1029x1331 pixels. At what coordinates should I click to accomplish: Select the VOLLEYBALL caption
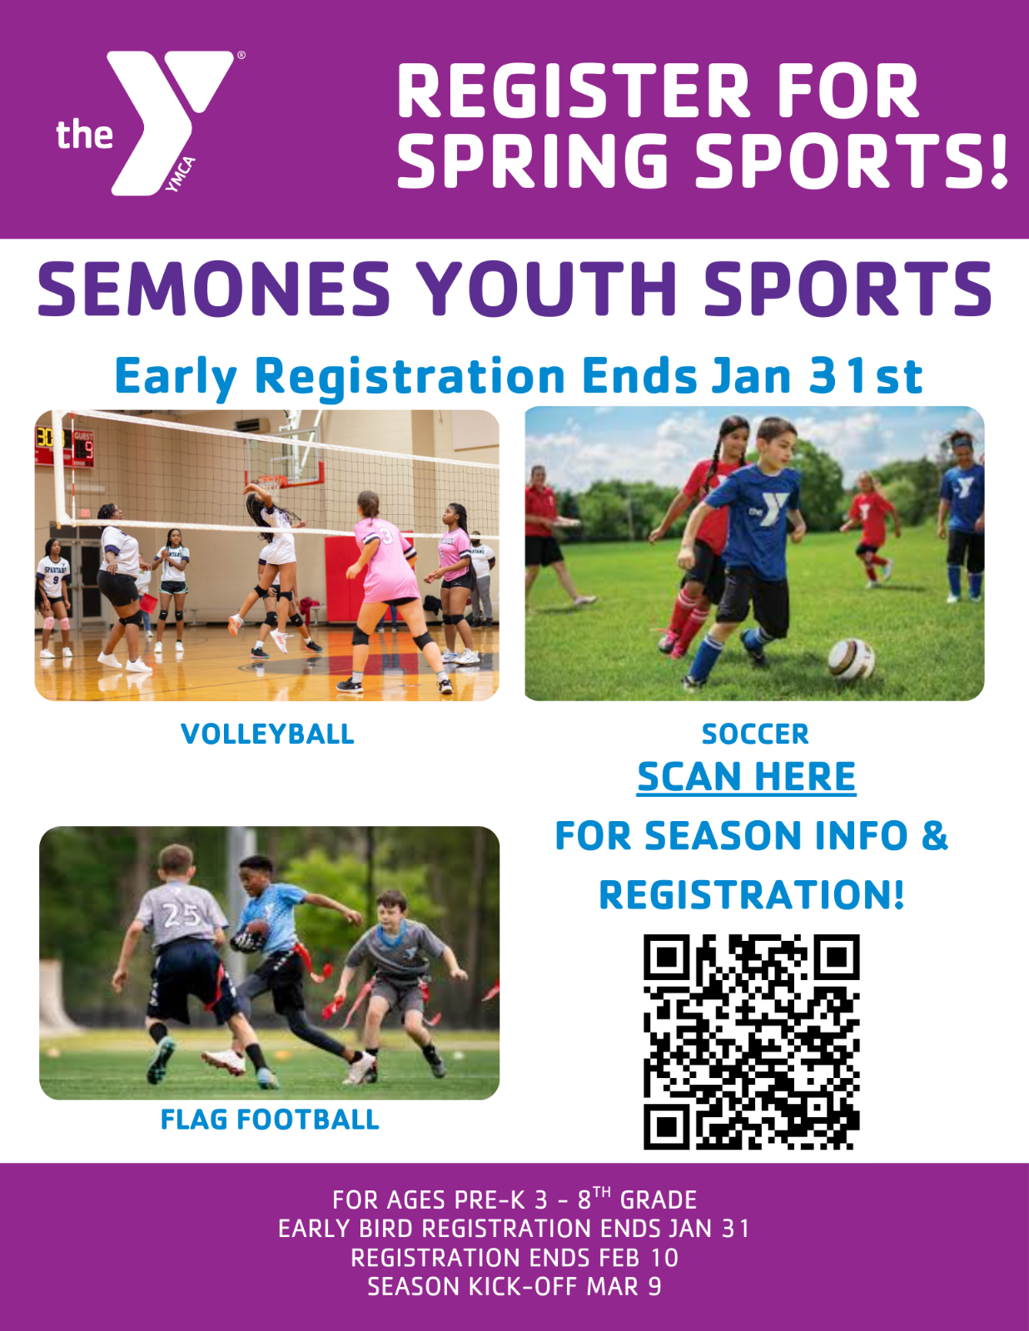click(x=268, y=734)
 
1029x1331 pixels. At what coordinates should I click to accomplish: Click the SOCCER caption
click(x=755, y=735)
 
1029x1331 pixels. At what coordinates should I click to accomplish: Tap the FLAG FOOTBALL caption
click(x=270, y=1120)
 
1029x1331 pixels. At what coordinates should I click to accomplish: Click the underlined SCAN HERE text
click(x=747, y=777)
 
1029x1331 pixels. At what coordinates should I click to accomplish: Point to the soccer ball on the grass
click(x=852, y=659)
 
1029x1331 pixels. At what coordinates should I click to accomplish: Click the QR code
click(x=752, y=1042)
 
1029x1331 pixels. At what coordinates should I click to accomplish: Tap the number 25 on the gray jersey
click(x=181, y=915)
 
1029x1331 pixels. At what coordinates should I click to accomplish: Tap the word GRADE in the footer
click(x=659, y=1200)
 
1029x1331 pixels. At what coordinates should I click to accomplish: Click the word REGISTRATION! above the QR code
click(x=752, y=895)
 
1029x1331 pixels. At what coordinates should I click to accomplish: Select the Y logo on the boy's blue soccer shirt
click(x=768, y=508)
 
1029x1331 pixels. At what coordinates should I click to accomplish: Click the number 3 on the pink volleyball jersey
click(x=387, y=536)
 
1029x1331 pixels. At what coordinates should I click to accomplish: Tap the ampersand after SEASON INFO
click(x=935, y=835)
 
